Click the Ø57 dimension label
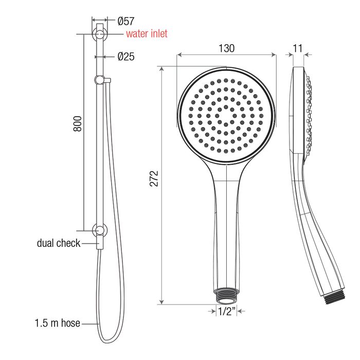[x=126, y=22]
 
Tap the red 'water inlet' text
[x=147, y=34]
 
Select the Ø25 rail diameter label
[x=126, y=57]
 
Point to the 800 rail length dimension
[x=78, y=124]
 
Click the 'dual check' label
[x=59, y=243]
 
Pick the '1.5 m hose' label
[x=58, y=323]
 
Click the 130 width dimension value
[x=226, y=48]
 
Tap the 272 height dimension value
[x=154, y=178]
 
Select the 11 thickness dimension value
[x=298, y=48]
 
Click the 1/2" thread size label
[x=227, y=311]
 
